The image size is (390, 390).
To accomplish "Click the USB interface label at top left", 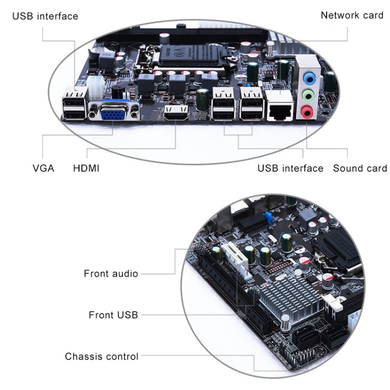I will click(x=45, y=16).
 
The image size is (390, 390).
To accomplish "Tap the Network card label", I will click(x=352, y=15).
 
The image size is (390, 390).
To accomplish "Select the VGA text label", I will click(x=43, y=168).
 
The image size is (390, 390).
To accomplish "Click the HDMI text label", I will click(x=86, y=168).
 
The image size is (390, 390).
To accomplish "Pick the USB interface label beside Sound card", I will click(x=290, y=168).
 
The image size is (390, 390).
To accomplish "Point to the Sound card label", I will click(x=360, y=168).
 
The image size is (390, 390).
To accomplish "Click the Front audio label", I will click(x=111, y=274).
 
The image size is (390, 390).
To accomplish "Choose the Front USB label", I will click(x=113, y=315).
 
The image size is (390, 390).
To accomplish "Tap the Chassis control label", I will click(x=101, y=357).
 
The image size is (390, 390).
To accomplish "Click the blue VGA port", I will click(x=113, y=111).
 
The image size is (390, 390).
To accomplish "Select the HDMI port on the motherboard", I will click(x=176, y=113).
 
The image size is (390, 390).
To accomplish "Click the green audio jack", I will click(x=308, y=95).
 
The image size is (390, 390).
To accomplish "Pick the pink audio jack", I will click(x=306, y=111).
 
